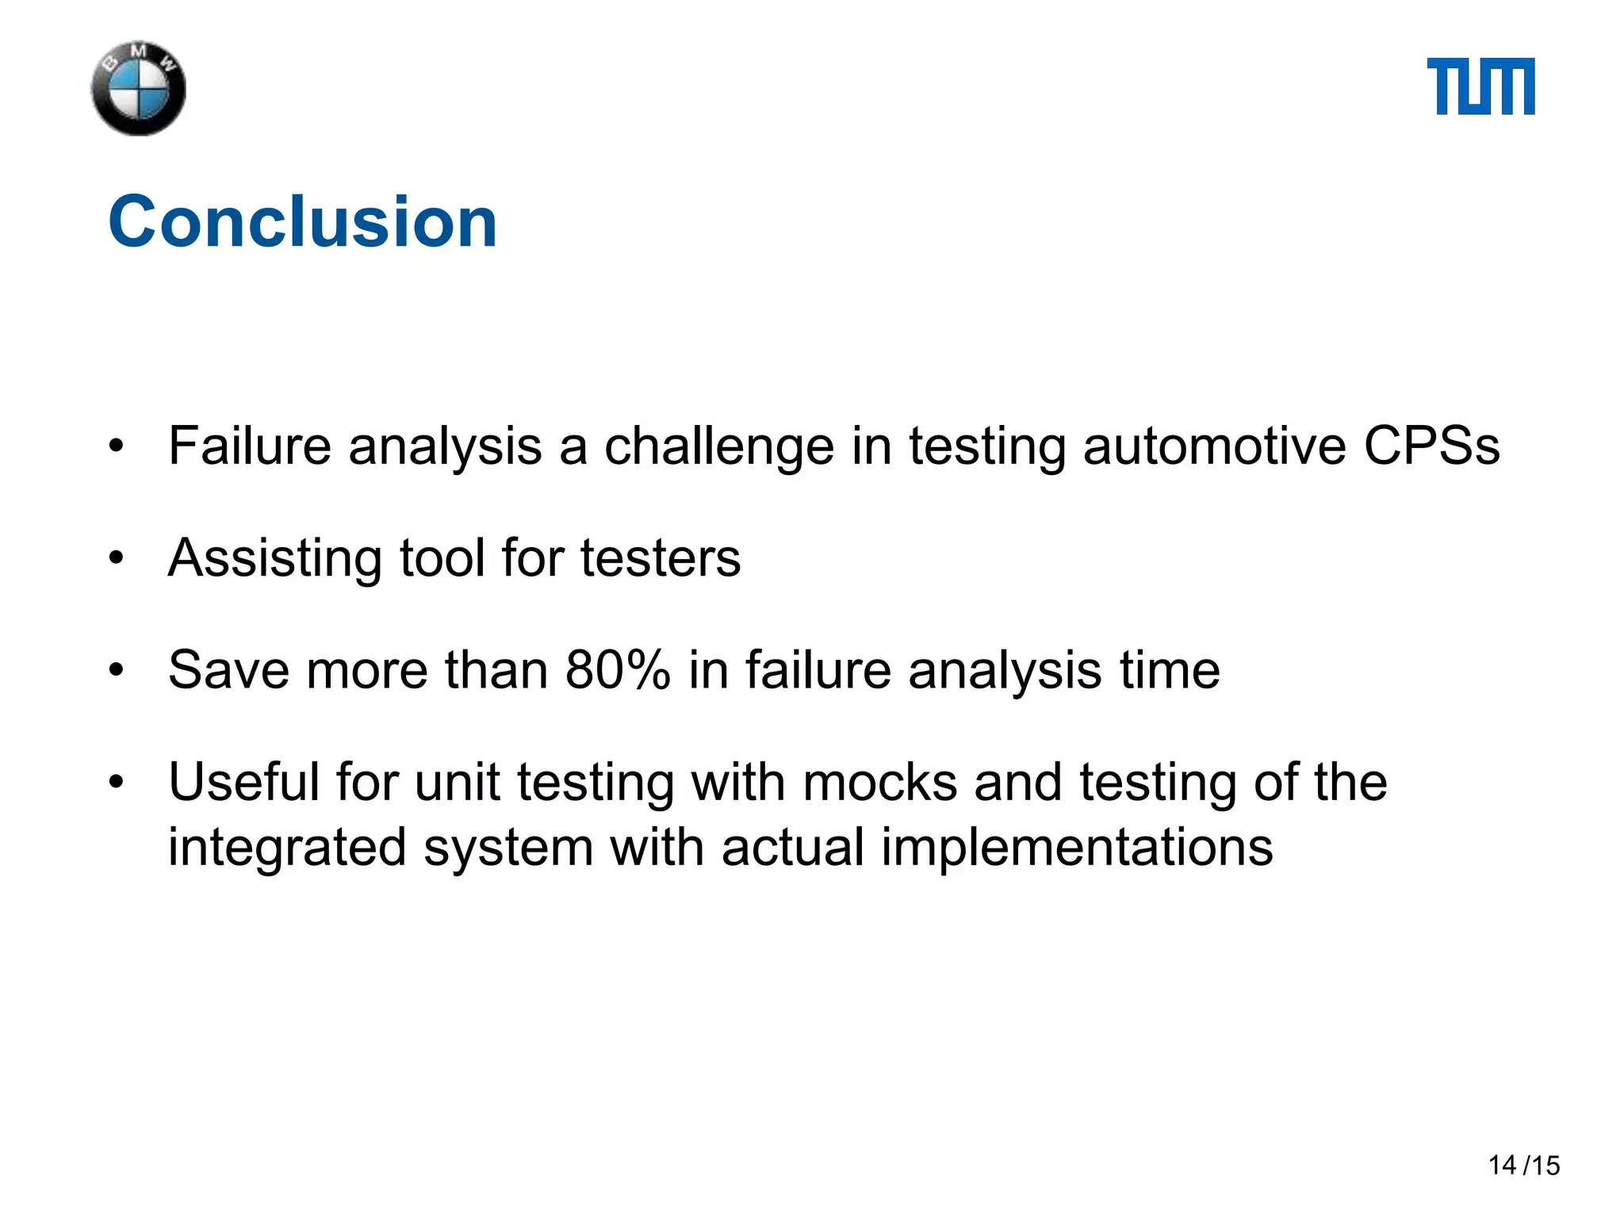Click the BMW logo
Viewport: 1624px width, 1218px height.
(x=139, y=88)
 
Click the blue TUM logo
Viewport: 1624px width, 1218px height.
(x=1480, y=86)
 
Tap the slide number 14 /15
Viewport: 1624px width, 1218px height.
(x=1523, y=1165)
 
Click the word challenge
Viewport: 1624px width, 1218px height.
(x=718, y=446)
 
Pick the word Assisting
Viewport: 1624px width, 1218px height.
(x=275, y=558)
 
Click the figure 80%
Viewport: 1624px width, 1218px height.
(x=618, y=670)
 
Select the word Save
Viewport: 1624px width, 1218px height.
(x=228, y=670)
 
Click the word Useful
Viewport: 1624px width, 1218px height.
(x=243, y=782)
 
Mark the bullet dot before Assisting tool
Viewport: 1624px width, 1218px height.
(x=117, y=558)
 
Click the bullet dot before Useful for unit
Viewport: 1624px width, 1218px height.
(x=117, y=783)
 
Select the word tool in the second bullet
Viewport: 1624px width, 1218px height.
(x=442, y=557)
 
